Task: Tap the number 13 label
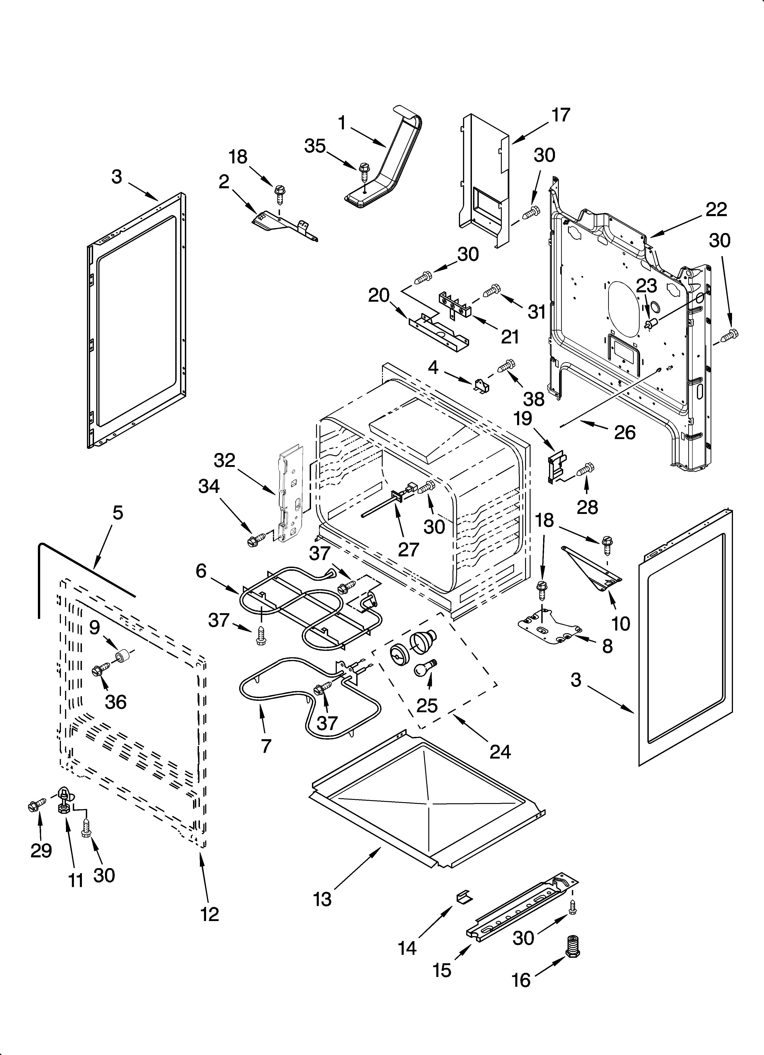coord(322,900)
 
